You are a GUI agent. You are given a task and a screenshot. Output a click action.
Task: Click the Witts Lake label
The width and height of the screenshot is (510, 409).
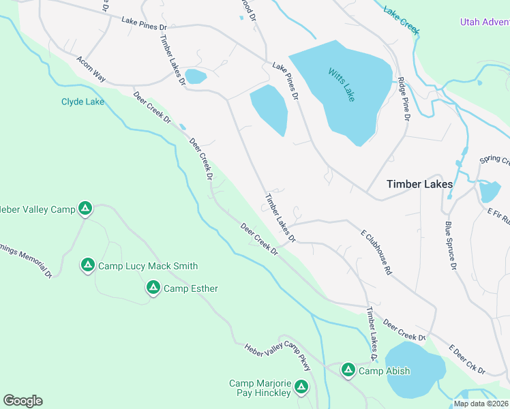pos(342,85)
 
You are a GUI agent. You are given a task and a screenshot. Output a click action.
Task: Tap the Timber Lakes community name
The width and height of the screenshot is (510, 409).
pos(419,184)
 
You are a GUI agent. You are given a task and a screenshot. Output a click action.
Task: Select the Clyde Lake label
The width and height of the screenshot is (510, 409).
pos(82,102)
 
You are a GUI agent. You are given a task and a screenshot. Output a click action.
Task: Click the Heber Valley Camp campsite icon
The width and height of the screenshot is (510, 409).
pos(85,208)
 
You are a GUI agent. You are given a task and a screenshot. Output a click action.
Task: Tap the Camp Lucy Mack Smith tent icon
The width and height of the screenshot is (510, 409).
pos(87,264)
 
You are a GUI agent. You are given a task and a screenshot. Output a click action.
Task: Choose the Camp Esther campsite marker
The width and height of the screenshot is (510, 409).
pos(153,288)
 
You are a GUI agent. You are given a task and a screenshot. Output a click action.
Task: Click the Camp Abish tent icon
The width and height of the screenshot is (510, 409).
pos(348,369)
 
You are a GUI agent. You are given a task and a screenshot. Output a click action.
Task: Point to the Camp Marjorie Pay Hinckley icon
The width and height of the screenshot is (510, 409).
pos(301,387)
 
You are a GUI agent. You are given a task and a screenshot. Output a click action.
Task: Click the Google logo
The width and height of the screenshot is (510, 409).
pos(22,401)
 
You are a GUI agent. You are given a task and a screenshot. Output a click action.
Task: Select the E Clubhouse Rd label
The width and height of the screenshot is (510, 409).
pos(376,252)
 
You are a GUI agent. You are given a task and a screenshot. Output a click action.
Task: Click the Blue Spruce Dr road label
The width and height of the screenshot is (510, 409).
pos(449,245)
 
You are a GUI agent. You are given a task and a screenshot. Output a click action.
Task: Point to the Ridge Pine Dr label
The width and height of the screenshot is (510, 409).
pos(404,99)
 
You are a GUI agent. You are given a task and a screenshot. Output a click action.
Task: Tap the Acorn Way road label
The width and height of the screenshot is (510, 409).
pos(91,69)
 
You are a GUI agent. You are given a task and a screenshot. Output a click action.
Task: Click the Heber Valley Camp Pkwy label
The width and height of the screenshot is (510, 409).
pos(278,356)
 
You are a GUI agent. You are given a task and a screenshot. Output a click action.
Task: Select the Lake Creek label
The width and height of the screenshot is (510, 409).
pos(401,21)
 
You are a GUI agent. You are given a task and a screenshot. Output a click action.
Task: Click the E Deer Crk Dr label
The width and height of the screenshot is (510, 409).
pos(466,360)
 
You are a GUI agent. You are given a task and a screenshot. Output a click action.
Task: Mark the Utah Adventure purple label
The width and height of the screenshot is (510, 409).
pos(484,22)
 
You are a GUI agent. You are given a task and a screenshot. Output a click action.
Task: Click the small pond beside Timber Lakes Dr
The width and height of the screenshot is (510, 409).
pos(195,76)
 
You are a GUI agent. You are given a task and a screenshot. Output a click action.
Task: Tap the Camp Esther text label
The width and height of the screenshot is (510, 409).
pos(191,288)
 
